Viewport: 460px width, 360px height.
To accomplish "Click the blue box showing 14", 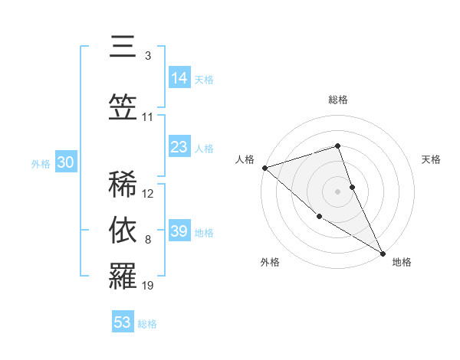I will (179, 77).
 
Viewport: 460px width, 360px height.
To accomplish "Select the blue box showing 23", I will (179, 147).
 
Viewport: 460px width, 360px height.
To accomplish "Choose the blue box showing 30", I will (65, 162).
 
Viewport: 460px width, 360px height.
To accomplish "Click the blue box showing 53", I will (123, 322).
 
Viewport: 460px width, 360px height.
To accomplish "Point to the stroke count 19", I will (148, 286).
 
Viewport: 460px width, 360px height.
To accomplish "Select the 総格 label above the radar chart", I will (338, 100).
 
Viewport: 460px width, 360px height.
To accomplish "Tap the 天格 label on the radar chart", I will (431, 159).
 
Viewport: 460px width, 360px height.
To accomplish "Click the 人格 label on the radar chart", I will (245, 159).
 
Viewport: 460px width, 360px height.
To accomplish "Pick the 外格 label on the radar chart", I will (270, 262).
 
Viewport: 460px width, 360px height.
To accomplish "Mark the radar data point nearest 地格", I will (382, 252).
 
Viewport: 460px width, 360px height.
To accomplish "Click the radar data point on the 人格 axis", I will (264, 167).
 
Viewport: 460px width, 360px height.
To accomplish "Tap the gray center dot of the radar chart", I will (338, 191).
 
